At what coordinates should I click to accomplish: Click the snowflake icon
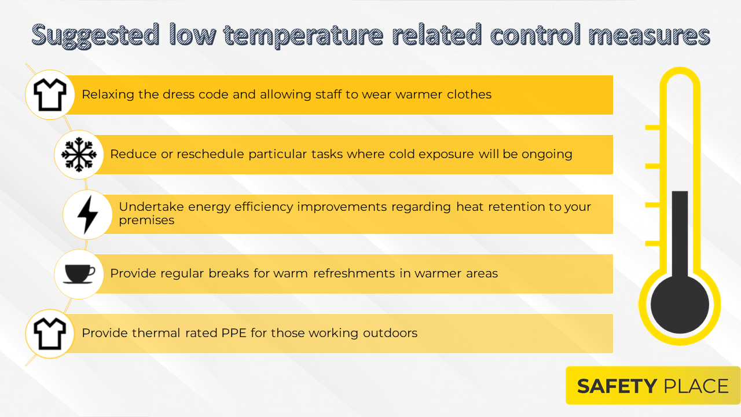[x=78, y=155]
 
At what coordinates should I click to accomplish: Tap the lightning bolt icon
[x=87, y=214]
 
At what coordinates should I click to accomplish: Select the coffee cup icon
[x=79, y=273]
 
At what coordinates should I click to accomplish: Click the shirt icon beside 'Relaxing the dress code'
[x=50, y=94]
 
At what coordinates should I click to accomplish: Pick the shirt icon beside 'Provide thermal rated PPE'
[x=50, y=333]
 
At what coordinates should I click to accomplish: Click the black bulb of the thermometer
[x=680, y=304]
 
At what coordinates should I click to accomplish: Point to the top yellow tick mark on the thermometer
[x=652, y=127]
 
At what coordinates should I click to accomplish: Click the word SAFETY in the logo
[x=617, y=386]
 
